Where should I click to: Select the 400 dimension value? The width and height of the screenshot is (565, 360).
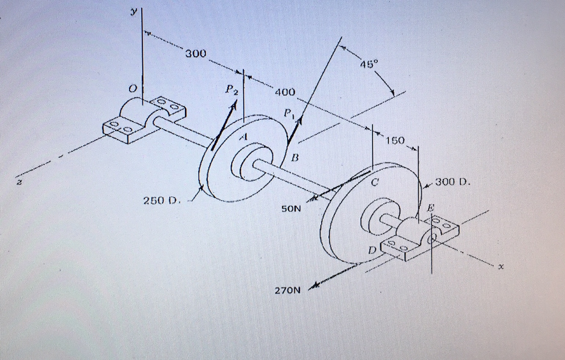[x=287, y=92]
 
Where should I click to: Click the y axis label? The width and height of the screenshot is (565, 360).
[x=133, y=11]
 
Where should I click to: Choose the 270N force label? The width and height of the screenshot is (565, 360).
[x=287, y=289]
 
